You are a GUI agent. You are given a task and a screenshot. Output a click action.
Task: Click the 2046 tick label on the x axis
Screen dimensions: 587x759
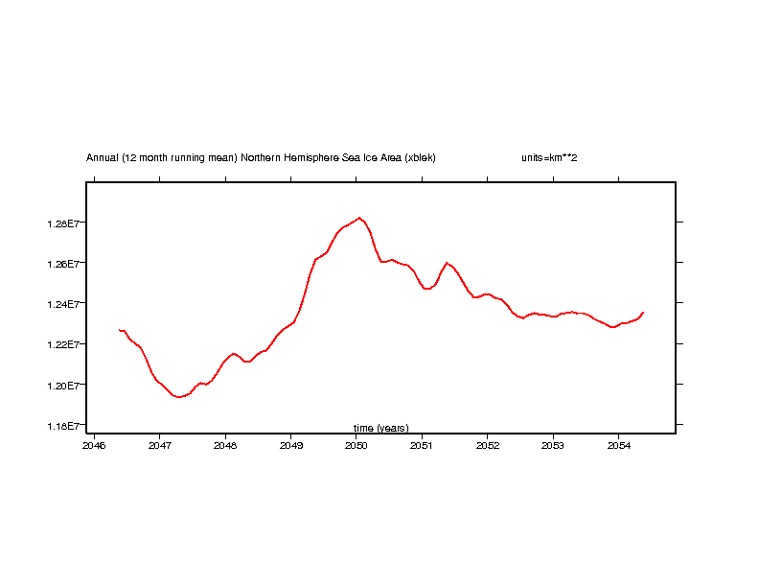click(x=94, y=445)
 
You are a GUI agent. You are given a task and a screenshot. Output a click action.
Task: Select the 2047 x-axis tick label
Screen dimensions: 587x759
click(x=159, y=445)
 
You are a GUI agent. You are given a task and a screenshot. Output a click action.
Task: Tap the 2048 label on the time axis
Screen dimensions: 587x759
click(x=225, y=445)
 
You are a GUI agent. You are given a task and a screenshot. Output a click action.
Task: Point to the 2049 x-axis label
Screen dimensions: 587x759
click(x=290, y=445)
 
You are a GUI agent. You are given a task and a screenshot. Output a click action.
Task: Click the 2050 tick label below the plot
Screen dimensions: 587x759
click(x=356, y=445)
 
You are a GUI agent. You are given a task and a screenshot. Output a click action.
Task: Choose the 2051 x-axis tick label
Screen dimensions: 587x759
click(x=422, y=445)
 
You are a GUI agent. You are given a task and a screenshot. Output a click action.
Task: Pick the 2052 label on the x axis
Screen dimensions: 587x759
click(x=487, y=445)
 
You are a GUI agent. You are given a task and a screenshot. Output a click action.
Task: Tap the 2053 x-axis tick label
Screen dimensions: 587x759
click(x=553, y=445)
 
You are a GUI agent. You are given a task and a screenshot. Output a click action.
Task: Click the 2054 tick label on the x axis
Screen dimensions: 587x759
click(x=618, y=445)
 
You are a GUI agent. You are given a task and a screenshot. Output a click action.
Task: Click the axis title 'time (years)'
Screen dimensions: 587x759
click(x=380, y=428)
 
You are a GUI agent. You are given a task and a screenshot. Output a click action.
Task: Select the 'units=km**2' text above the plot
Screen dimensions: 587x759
click(x=549, y=157)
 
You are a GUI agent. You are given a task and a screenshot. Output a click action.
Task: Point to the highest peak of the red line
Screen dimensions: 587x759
click(x=359, y=218)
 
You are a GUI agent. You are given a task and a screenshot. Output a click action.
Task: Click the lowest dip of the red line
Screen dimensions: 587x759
click(x=178, y=396)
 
